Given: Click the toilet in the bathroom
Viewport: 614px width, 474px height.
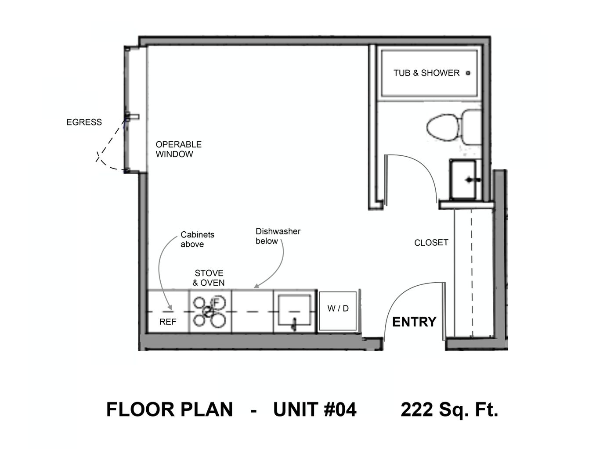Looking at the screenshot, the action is [x=454, y=127].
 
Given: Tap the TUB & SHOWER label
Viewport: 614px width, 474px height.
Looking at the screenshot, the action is [x=426, y=73].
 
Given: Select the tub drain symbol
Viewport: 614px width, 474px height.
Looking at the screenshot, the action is [x=468, y=73].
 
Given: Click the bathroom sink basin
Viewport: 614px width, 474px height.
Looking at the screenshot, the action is [x=463, y=180].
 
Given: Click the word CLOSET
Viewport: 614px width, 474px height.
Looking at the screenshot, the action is [x=431, y=243].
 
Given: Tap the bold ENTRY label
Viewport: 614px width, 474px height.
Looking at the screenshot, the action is [x=414, y=322].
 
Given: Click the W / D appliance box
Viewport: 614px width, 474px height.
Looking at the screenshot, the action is [x=338, y=311].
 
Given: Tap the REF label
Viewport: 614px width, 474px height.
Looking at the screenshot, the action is [x=168, y=322].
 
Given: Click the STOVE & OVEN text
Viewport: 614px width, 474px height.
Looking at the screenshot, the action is [x=209, y=278].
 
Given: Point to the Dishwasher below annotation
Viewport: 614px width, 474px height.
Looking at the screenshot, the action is [x=278, y=236].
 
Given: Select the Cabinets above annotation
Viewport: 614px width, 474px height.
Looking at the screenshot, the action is [x=198, y=239].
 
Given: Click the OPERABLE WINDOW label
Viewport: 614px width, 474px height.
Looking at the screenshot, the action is [x=179, y=149].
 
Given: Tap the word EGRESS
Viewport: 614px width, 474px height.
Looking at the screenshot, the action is [x=84, y=122].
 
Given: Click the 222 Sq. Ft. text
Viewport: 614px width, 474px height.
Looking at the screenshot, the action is [x=449, y=409].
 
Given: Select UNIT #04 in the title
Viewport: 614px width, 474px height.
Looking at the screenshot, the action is [x=315, y=409].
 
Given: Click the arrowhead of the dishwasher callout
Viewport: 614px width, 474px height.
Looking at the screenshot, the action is [x=256, y=286].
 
